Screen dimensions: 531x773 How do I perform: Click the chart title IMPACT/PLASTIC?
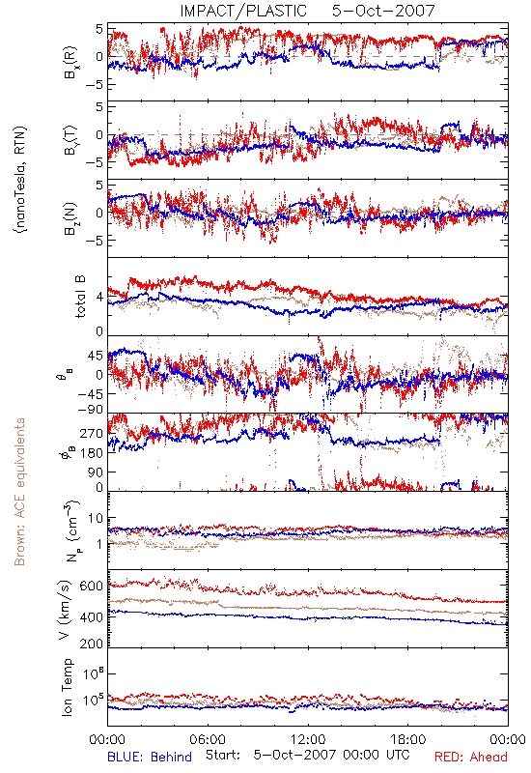tap(243, 11)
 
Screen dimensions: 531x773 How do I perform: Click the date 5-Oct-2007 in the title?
tap(383, 11)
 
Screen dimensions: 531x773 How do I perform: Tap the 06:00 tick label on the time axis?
tap(208, 739)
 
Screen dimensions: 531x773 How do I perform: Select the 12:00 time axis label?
tap(308, 739)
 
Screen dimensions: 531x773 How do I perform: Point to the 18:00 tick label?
tap(408, 739)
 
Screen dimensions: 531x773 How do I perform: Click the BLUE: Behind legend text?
tap(150, 757)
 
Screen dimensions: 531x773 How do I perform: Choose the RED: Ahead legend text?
tap(470, 757)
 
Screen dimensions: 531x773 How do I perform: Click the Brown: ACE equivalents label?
tap(19, 492)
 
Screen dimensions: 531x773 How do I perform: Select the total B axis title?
tap(80, 297)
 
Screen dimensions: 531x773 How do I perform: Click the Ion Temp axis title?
tap(68, 687)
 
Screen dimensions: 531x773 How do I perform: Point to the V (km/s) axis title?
tap(66, 611)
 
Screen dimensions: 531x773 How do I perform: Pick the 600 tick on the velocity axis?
tap(92, 586)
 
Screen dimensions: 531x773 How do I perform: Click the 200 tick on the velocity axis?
tap(92, 644)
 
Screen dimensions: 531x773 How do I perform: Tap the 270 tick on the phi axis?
tap(92, 434)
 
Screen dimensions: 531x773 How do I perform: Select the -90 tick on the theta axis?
tap(90, 410)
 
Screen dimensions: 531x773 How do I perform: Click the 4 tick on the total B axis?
tap(100, 298)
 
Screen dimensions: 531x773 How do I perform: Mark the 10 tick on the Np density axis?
tap(96, 519)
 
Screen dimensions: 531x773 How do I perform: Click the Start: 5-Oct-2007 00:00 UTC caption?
tap(307, 755)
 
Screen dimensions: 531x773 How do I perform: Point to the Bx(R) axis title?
tap(70, 63)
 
